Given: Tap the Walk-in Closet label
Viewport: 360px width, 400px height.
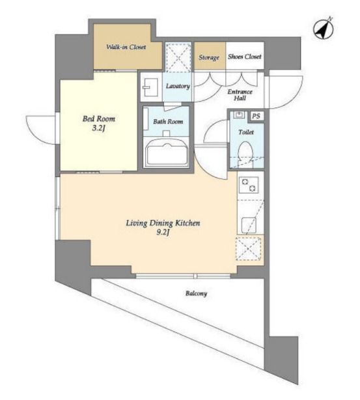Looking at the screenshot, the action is point(126,47).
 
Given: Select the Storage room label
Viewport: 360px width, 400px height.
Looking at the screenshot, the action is point(209,57).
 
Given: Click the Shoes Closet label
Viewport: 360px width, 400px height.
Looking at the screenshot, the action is point(245,57).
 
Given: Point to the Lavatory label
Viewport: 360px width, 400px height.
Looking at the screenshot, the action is point(178,86).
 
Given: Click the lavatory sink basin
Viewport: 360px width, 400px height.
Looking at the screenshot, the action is point(150,87).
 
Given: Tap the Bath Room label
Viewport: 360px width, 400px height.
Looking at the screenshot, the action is point(168,121).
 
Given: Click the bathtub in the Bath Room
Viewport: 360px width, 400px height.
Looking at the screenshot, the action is point(167,152).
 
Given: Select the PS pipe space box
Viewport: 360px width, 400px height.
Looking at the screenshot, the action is point(256,116).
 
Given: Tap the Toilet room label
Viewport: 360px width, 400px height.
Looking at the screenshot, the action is point(246,132).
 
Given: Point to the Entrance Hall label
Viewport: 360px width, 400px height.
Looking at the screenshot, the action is point(240,95).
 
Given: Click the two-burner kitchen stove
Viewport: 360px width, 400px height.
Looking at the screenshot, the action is point(249,185).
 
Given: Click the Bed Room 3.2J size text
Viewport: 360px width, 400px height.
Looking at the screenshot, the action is point(99,128).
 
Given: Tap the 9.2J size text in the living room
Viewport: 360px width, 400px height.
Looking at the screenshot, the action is point(163,233).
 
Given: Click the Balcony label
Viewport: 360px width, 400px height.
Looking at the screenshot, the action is point(196,294).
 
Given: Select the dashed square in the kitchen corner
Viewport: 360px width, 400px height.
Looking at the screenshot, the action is point(249,248).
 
